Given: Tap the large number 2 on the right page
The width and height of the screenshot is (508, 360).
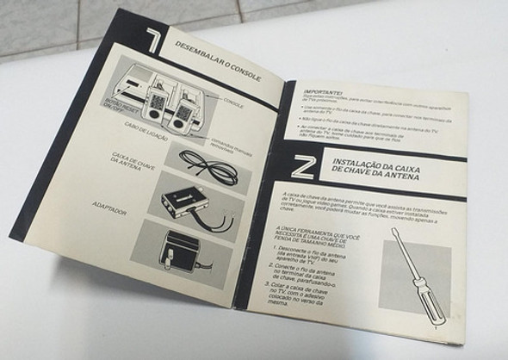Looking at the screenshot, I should pos(285,166).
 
